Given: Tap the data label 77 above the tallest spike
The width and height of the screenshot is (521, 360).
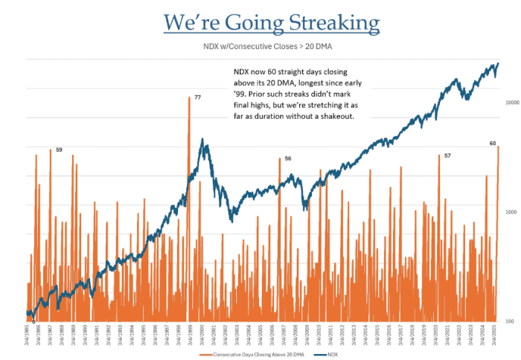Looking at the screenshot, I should coord(197,97).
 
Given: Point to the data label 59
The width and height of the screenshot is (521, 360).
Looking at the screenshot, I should coord(59,150).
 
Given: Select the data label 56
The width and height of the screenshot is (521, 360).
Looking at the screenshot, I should coord(288,158).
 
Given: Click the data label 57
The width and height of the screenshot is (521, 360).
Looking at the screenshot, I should coord(447,155).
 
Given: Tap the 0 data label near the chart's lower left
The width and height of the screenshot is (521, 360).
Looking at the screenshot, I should coord(33,321).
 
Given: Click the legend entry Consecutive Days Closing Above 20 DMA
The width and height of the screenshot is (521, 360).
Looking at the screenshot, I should coord(260,354).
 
